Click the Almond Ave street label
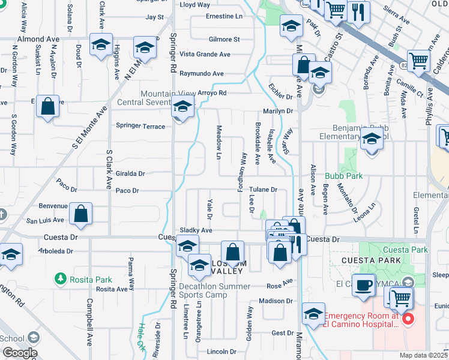(x=38, y=39)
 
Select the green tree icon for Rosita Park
(x=60, y=278)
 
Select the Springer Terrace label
(x=140, y=126)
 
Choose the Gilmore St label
(x=224, y=40)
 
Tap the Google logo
(x=19, y=353)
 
